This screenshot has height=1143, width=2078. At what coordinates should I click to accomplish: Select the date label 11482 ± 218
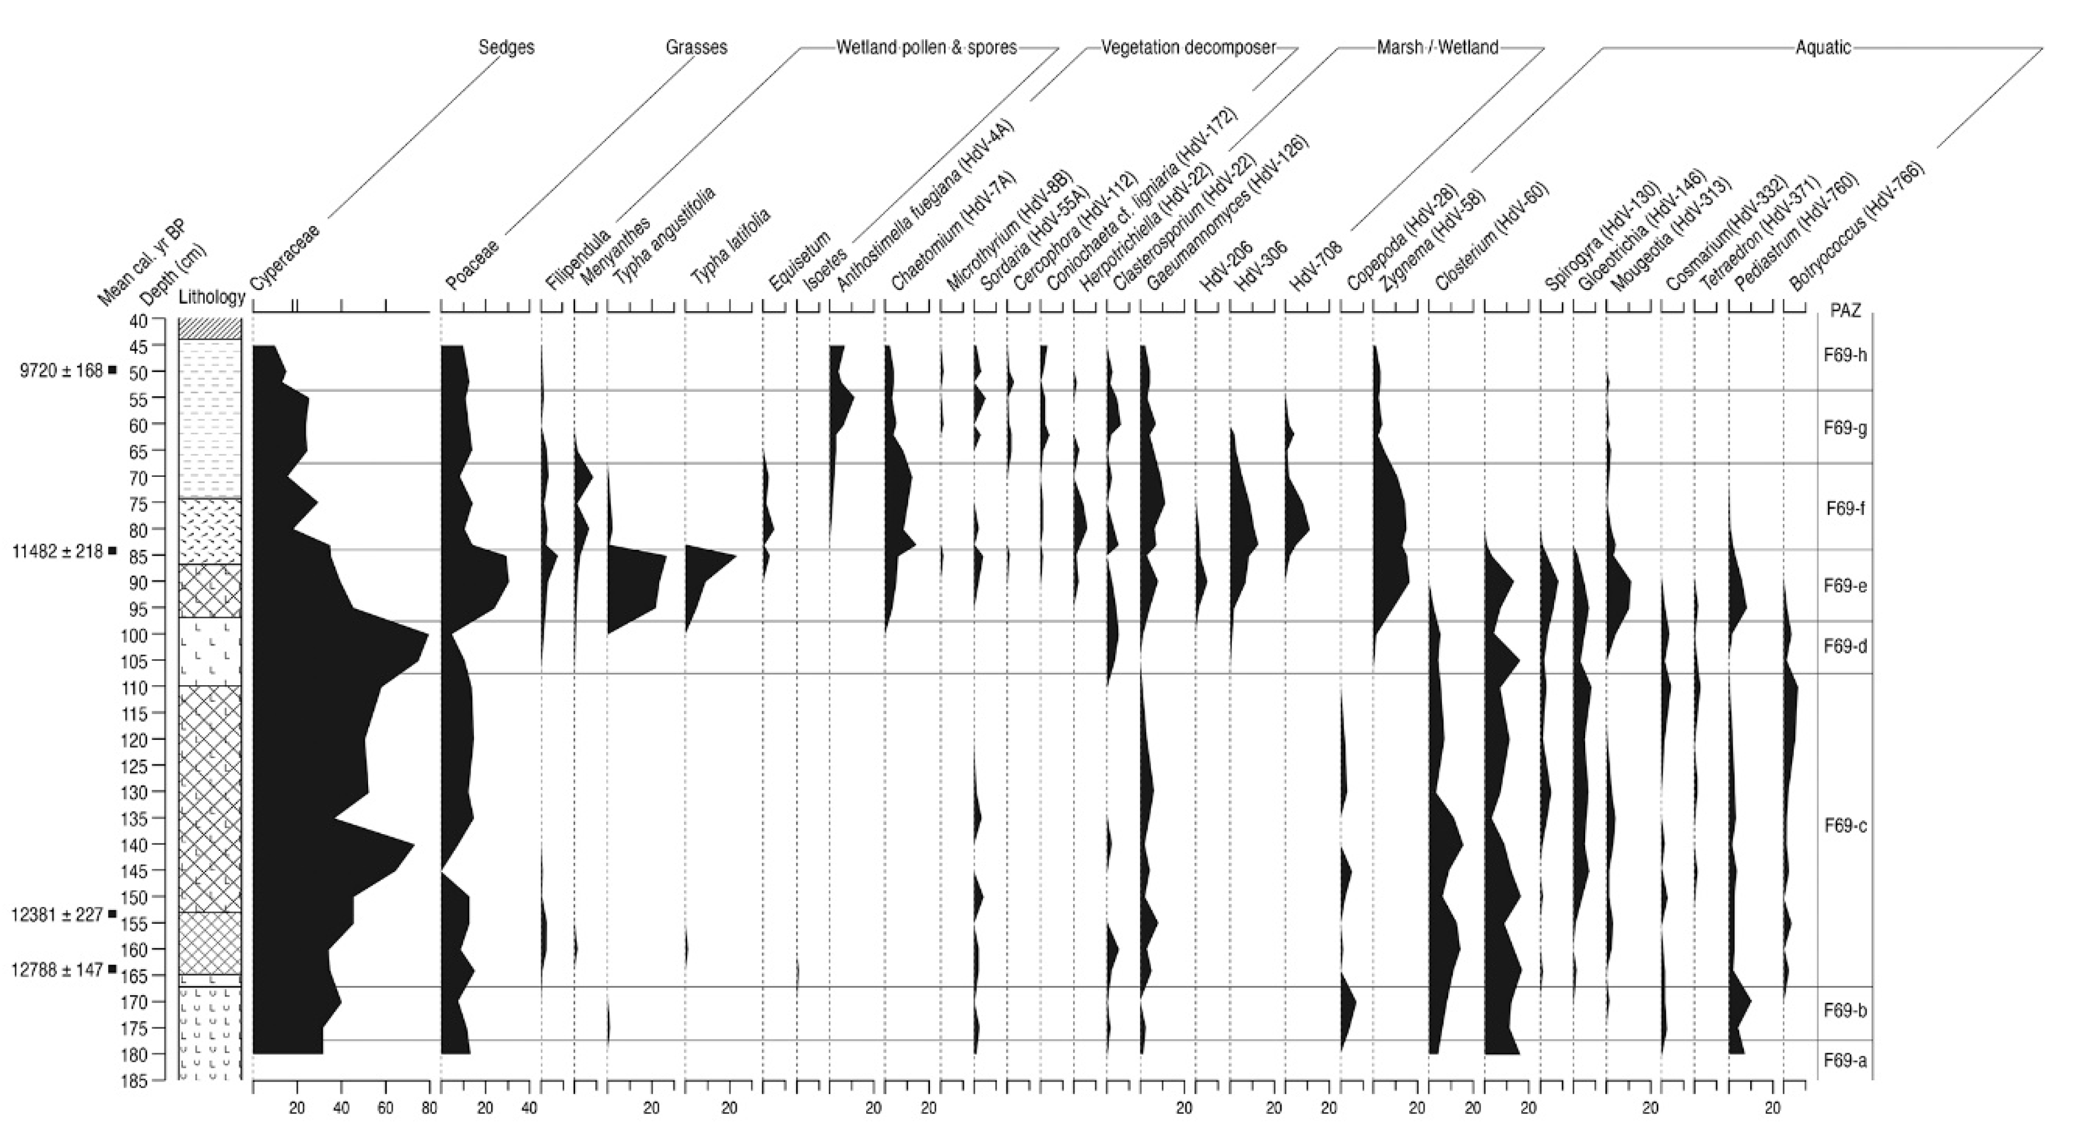click(x=59, y=552)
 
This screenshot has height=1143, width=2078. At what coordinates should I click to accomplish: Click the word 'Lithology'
click(x=211, y=297)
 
